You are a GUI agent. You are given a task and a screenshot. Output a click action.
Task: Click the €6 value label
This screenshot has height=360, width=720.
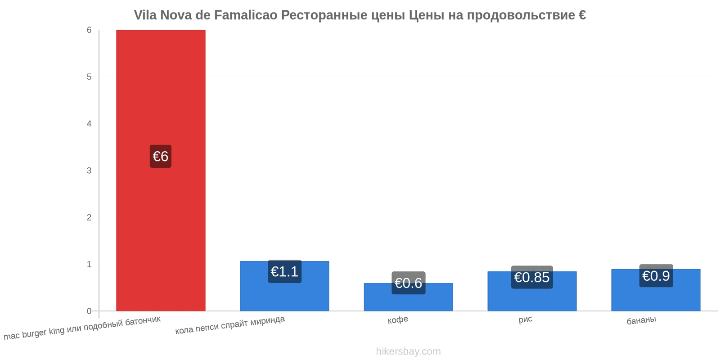click(161, 156)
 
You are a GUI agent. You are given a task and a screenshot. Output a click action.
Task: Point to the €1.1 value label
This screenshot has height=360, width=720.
click(284, 272)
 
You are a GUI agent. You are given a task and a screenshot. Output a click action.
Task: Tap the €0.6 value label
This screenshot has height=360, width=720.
click(408, 283)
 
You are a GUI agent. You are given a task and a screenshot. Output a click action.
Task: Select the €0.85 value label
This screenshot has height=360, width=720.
click(532, 277)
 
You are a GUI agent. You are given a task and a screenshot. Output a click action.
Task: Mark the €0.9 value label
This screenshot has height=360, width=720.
click(656, 276)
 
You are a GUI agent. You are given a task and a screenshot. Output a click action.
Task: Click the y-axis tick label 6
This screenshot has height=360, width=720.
click(89, 30)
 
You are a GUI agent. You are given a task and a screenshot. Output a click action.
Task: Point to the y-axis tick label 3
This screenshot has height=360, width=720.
click(89, 171)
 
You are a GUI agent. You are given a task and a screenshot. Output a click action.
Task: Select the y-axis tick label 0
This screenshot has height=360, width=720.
click(89, 311)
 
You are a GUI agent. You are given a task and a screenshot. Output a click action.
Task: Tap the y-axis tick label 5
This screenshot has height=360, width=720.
click(89, 77)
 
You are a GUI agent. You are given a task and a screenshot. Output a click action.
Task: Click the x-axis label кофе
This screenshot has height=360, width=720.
click(398, 320)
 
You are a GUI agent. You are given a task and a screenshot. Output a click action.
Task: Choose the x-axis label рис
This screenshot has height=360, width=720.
click(525, 320)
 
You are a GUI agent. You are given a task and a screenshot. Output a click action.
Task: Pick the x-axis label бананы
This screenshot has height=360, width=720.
click(641, 320)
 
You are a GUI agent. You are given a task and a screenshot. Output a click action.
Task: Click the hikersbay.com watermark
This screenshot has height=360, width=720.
click(408, 351)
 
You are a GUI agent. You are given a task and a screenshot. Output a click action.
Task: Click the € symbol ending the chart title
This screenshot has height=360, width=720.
click(582, 15)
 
